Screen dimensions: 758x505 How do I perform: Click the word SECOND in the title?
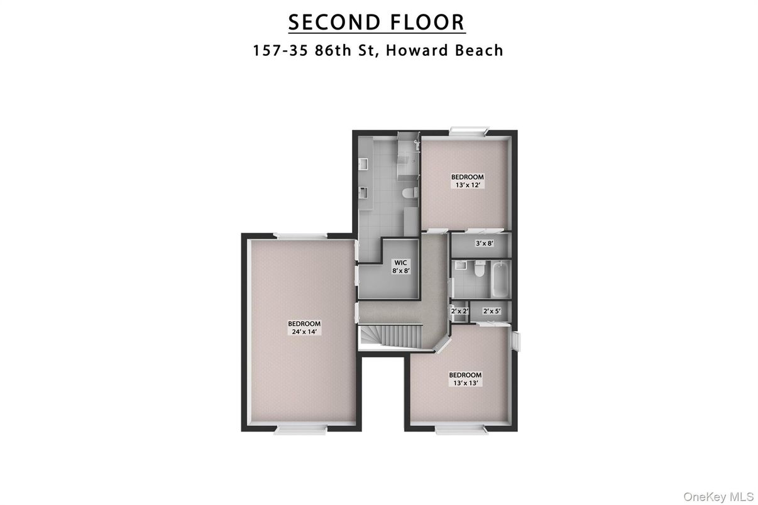coord(335,23)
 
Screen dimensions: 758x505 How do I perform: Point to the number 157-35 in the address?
coord(280,50)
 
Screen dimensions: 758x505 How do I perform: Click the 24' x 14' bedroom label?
coord(304,327)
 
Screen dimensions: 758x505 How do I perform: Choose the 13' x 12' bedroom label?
coord(468,181)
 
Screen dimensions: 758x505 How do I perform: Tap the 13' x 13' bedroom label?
coord(465,379)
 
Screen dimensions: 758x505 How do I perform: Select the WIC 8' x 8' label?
coord(401,266)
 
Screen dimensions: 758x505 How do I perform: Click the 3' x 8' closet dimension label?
coord(485,243)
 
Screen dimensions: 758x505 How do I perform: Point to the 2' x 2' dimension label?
coord(459,310)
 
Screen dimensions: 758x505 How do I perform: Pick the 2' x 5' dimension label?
coord(492,311)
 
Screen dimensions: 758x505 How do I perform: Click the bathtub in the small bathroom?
coord(500,279)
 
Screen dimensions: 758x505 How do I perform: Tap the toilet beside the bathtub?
coord(480,269)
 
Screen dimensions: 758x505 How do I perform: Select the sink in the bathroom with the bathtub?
coord(461,265)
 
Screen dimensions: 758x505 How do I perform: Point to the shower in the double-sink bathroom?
coord(409,157)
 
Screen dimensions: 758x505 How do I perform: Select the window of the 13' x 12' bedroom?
coord(469,131)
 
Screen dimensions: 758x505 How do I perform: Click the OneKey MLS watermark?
coord(718,497)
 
